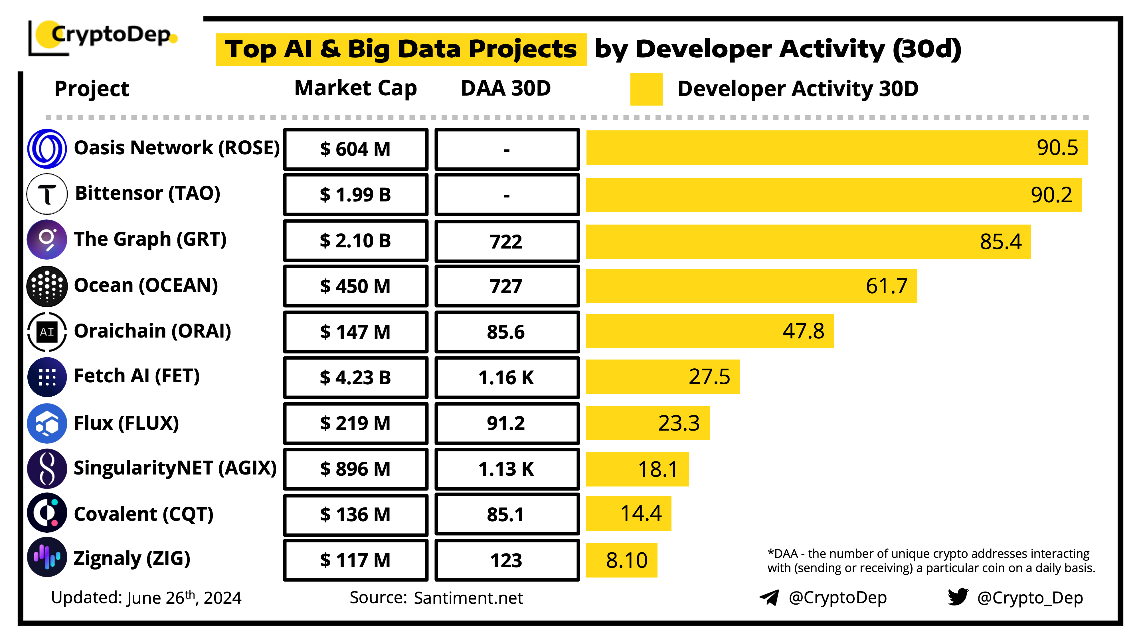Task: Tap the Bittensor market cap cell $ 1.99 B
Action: coord(356,195)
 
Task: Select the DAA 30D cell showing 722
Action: coord(507,241)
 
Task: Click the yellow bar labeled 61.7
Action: coord(751,286)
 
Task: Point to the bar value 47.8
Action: coord(803,331)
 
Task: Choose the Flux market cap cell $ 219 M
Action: coord(356,423)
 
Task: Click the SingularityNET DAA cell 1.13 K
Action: coord(507,469)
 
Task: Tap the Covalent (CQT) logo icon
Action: coord(47,513)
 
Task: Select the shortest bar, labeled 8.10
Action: coord(622,560)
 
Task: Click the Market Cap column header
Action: coord(356,88)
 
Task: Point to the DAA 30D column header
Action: coord(506,88)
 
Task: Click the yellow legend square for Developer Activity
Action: coord(646,89)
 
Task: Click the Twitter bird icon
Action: coord(958,597)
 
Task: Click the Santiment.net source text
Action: coord(468,598)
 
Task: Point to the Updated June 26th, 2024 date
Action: coord(146,598)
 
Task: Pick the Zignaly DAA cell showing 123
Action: coord(507,560)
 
